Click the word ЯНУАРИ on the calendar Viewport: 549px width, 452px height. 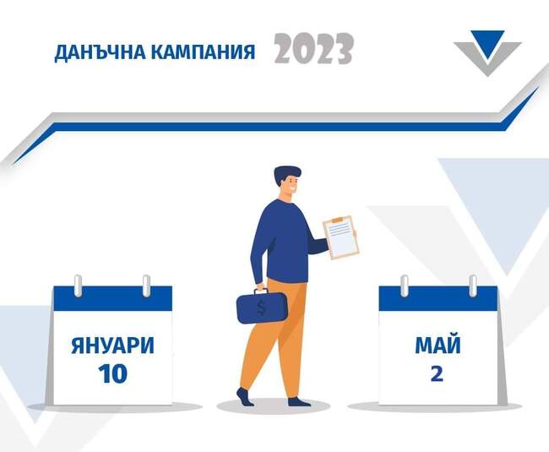(112, 346)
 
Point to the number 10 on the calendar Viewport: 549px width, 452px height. (112, 373)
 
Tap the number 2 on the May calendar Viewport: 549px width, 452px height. (437, 373)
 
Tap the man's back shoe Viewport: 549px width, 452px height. (244, 397)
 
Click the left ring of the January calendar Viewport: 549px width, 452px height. (78, 285)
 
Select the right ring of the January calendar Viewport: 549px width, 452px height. (146, 285)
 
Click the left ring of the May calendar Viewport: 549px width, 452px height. (404, 285)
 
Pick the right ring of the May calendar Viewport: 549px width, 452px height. (472, 285)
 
